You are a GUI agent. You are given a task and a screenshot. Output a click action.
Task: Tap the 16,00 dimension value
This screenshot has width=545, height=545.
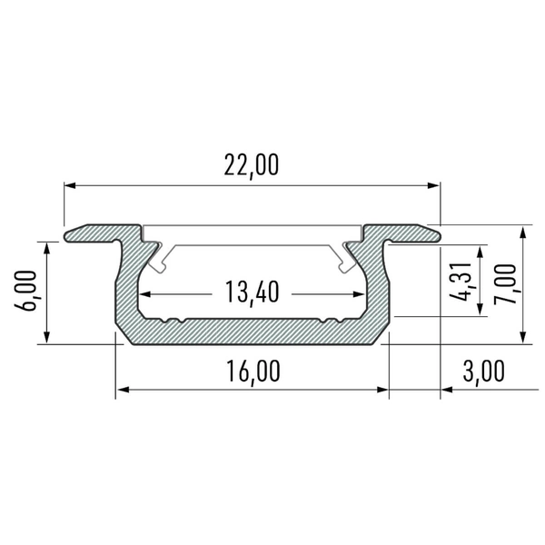[x=252, y=371]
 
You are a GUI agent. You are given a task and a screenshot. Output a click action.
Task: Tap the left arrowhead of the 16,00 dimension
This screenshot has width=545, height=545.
[x=122, y=391]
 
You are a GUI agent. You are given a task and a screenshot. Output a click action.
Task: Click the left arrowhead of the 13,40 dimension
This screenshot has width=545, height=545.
[x=144, y=293]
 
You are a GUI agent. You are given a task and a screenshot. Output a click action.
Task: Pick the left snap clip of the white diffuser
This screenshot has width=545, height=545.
[x=162, y=260]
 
